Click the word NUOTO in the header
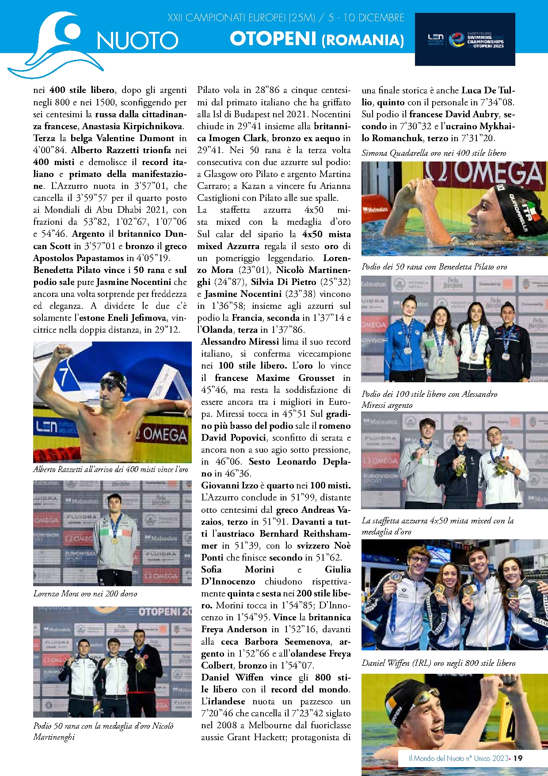(x=137, y=41)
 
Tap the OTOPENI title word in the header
(x=273, y=39)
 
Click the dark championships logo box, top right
(x=465, y=39)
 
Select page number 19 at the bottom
(x=518, y=758)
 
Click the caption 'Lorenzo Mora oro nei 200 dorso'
(x=85, y=594)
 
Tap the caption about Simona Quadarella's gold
(x=434, y=153)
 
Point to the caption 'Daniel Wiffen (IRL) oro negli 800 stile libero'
(x=438, y=663)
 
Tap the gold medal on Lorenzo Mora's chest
(x=114, y=541)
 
